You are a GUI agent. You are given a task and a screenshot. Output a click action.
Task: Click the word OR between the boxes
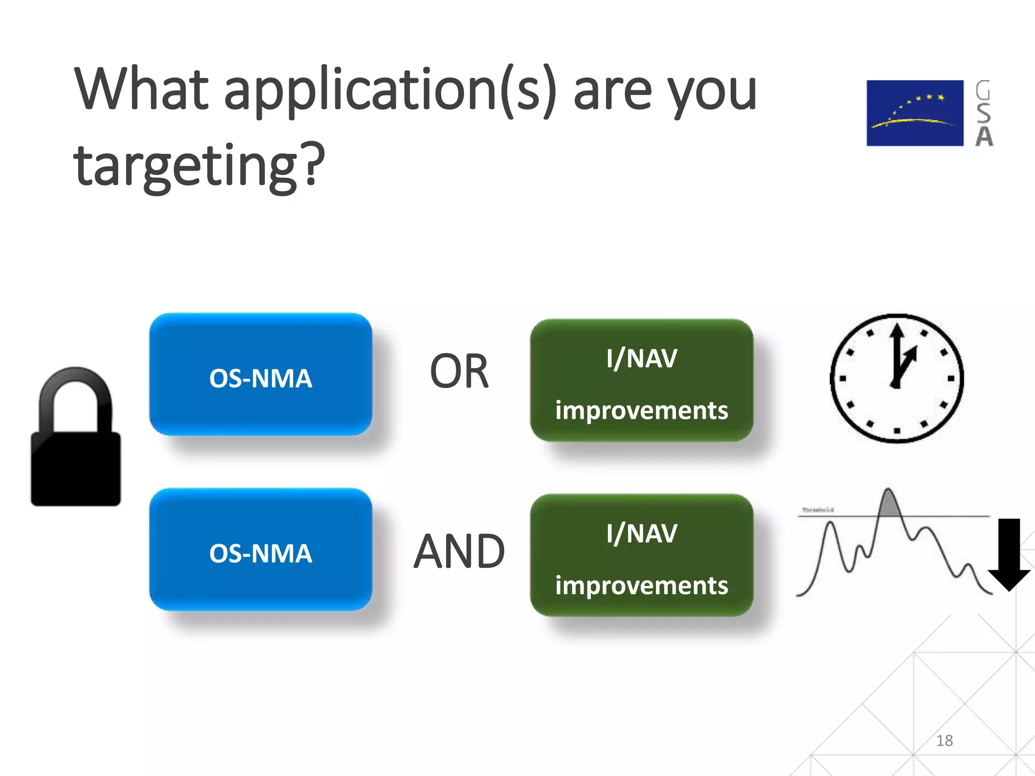pos(459,371)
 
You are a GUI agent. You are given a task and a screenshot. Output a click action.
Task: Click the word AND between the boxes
pos(459,551)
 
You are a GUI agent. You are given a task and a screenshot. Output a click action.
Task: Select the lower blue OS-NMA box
pos(261,550)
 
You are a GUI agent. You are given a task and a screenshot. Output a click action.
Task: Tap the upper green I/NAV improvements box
pos(641,380)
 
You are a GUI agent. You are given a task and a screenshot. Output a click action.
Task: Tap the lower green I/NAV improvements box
pos(641,555)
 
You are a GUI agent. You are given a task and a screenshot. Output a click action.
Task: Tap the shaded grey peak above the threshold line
pos(888,506)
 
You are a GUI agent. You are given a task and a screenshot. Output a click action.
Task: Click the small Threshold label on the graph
pos(817,510)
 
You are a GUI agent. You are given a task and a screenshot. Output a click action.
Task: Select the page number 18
pos(944,741)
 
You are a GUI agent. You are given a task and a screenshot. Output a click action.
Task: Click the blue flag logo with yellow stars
pos(914,113)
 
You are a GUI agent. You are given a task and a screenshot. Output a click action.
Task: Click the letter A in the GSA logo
pos(983,136)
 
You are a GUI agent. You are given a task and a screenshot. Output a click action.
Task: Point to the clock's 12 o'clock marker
pos(897,326)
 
